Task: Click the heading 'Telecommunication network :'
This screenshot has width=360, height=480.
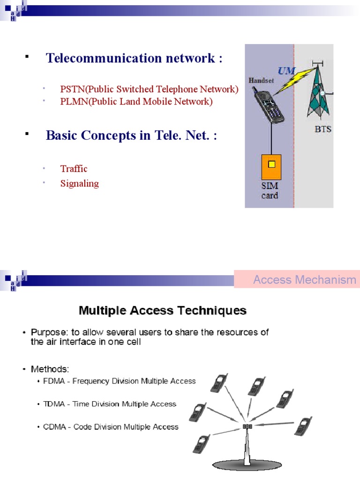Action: (x=134, y=58)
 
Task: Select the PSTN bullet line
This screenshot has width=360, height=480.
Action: (x=149, y=89)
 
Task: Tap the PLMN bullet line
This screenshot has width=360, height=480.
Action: (x=136, y=101)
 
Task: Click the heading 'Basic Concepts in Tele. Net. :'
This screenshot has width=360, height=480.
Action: (x=131, y=135)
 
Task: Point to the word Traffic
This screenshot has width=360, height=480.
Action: (x=74, y=169)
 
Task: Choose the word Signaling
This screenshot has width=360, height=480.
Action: (x=79, y=183)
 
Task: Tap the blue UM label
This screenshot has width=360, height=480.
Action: (x=287, y=71)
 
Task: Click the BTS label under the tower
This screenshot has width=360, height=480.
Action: (x=322, y=128)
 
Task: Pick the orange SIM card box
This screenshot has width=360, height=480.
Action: (x=270, y=167)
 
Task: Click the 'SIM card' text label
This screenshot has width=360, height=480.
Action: (x=270, y=191)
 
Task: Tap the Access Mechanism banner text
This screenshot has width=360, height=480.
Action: (x=305, y=280)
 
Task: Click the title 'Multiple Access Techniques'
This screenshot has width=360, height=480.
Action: (x=162, y=310)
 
